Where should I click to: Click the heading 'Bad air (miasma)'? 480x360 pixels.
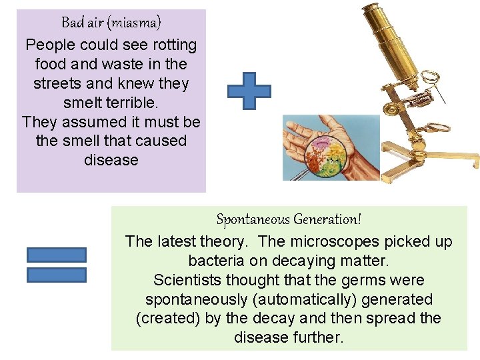point(111,23)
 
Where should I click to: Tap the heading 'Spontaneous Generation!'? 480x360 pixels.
point(289,219)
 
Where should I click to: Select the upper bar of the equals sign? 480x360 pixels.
point(57,255)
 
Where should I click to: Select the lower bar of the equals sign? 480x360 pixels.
point(57,275)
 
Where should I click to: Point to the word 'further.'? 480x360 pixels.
point(318,338)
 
